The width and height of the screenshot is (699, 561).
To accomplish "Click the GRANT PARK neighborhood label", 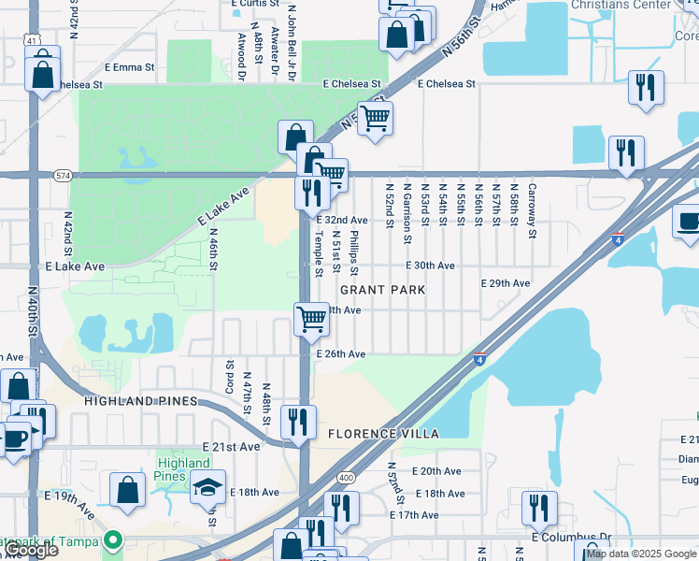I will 389,290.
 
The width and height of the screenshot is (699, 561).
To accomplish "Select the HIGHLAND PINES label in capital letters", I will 140,401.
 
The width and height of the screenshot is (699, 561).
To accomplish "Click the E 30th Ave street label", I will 430,266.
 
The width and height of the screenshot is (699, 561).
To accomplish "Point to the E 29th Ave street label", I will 505,283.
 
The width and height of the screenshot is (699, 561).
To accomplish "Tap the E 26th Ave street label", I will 340,354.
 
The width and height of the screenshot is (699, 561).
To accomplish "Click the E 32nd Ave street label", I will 341,220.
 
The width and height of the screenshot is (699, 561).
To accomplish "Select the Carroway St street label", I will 531,210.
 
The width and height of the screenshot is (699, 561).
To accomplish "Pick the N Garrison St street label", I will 407,212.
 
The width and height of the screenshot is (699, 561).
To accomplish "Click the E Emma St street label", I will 129,67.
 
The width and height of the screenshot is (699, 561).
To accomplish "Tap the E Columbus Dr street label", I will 571,538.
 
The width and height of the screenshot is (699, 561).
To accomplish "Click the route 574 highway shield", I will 63,175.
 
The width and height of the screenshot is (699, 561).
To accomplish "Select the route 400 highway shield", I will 347,478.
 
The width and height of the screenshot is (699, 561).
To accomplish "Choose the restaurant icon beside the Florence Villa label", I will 298,421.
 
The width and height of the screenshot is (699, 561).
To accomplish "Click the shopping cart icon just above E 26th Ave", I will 310,318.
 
